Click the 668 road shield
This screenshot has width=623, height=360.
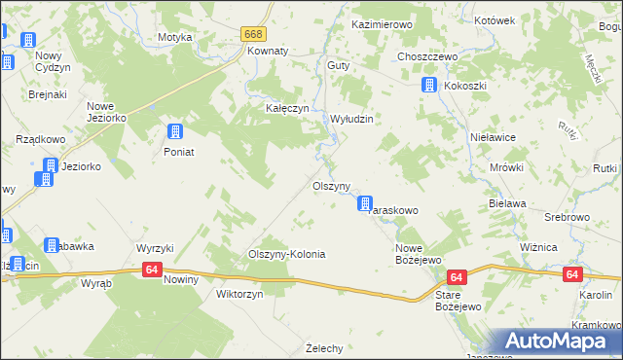[254, 34]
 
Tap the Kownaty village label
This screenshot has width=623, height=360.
[269, 51]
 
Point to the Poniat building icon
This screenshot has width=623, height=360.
[175, 132]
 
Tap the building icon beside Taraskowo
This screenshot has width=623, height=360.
[365, 204]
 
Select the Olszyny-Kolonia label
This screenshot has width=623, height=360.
[286, 254]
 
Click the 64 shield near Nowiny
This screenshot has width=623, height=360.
[151, 270]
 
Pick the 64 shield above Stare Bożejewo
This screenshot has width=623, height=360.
[458, 277]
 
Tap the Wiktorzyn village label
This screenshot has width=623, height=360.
[239, 294]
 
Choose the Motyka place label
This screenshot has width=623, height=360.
[175, 37]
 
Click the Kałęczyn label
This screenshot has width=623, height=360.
[288, 109]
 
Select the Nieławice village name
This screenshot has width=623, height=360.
[491, 138]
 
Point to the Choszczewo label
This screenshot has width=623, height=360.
[427, 56]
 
